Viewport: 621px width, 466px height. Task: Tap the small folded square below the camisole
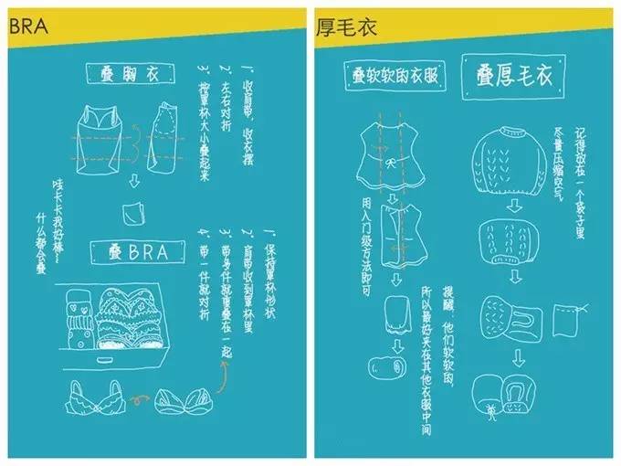[x=133, y=211]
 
